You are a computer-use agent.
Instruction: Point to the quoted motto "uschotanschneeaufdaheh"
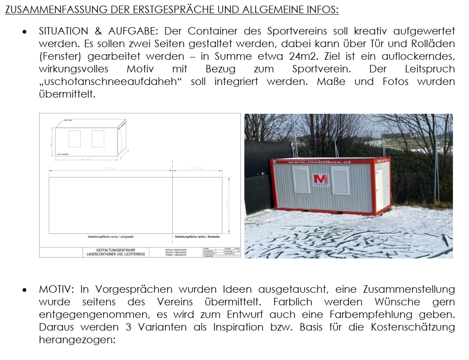(112, 82)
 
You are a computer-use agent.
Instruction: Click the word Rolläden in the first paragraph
(434, 44)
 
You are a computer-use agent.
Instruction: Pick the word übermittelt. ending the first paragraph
(67, 94)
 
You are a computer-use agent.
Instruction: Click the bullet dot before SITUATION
(25, 32)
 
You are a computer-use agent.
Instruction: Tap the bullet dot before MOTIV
(25, 290)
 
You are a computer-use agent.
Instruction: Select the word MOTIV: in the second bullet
(56, 289)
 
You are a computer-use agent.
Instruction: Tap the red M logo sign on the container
(321, 180)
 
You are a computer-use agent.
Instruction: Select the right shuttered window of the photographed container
(340, 180)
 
